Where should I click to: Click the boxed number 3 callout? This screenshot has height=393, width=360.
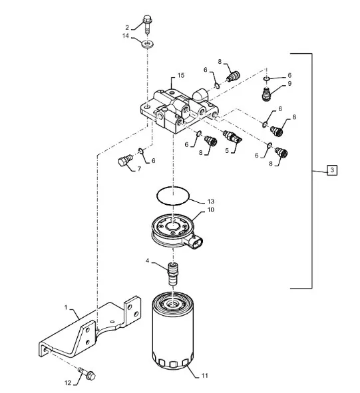pos(332,170)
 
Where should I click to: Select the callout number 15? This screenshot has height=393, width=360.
pos(181,75)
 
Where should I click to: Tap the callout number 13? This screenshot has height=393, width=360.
pos(211,201)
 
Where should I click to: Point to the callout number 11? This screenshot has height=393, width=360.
pos(205,376)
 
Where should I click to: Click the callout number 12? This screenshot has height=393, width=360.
pos(68,383)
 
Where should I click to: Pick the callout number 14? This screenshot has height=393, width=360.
pos(126,36)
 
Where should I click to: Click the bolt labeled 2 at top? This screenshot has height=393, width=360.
pos(147,25)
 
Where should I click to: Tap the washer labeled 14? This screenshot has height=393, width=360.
pos(148,45)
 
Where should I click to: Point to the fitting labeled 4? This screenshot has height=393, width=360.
pos(173,273)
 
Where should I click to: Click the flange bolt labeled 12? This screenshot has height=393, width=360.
pos(87,374)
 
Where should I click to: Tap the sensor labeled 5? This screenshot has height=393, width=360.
pos(232,137)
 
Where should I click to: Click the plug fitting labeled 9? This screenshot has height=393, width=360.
pos(266,94)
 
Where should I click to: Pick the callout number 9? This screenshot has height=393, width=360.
pos(289,84)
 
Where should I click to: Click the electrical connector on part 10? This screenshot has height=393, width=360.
pos(194,242)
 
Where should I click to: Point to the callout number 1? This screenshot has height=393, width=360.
pos(66,307)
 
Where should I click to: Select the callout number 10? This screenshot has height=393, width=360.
pos(211,209)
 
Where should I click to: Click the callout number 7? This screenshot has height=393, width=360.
pos(139,169)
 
